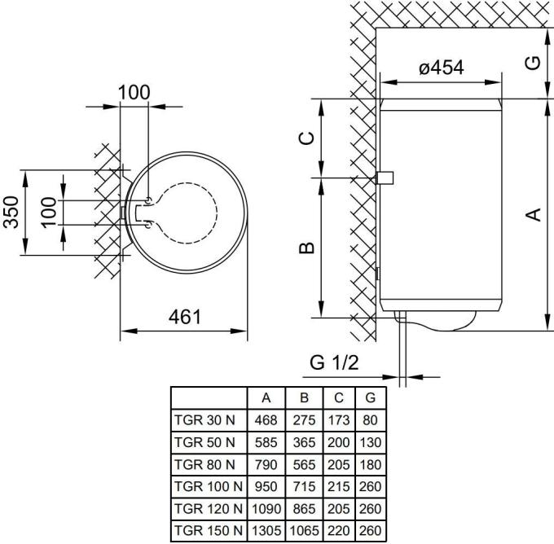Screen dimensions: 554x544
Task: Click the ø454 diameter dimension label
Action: pos(442,67)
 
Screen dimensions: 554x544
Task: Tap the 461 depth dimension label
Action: pos(185,317)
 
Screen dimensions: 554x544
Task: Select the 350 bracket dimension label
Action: pos(11,212)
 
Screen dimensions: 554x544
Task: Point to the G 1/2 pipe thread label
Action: pos(334,362)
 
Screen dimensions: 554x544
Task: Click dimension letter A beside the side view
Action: pos(534,214)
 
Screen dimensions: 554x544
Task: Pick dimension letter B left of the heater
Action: pos(306,248)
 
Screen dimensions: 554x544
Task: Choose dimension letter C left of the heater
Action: pos(306,138)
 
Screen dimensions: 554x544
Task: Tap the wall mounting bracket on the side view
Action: pos(385,178)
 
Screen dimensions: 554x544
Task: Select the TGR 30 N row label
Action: pos(204,420)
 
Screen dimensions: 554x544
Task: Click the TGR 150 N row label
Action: pos(209,530)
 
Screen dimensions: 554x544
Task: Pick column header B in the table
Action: pos(304,397)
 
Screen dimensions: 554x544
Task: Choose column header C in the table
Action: pos(338,397)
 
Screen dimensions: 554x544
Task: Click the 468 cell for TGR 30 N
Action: pos(266,420)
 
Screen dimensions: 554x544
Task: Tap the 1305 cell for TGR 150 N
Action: pos(266,530)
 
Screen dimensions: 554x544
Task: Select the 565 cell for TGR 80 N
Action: pos(304,464)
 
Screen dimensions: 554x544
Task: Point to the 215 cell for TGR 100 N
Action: pos(338,486)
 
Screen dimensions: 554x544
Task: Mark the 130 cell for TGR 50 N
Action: pos(370,442)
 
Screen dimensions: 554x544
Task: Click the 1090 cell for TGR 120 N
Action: pos(266,509)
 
